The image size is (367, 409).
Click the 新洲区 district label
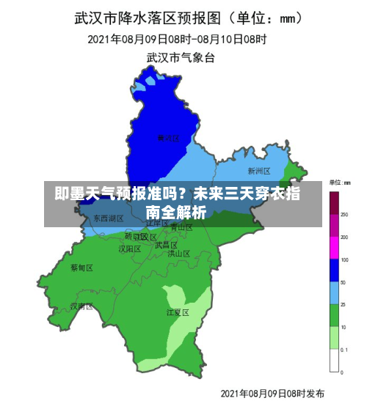pyautogui.click(x=259, y=172)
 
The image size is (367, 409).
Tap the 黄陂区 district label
pyautogui.click(x=169, y=137)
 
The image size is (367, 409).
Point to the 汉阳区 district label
pyautogui.click(x=130, y=248)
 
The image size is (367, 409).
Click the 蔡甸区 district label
pyautogui.click(x=81, y=268)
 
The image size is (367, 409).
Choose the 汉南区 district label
pyautogui.click(x=81, y=306)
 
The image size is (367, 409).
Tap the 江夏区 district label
pyautogui.click(x=178, y=312)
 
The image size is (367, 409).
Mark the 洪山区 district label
pyautogui.click(x=178, y=254)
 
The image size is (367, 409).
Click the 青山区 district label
pyautogui.click(x=181, y=227)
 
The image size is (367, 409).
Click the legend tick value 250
pyautogui.click(x=344, y=215)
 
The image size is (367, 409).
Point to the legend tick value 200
pyautogui.click(x=344, y=237)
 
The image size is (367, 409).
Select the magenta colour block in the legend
pyautogui.click(x=334, y=249)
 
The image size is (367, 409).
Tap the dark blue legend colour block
pyautogui.click(x=334, y=271)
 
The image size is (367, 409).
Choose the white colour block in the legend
pyautogui.click(x=334, y=361)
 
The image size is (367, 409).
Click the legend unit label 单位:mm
pyautogui.click(x=339, y=182)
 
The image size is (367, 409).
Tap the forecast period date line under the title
pyautogui.click(x=177, y=38)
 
